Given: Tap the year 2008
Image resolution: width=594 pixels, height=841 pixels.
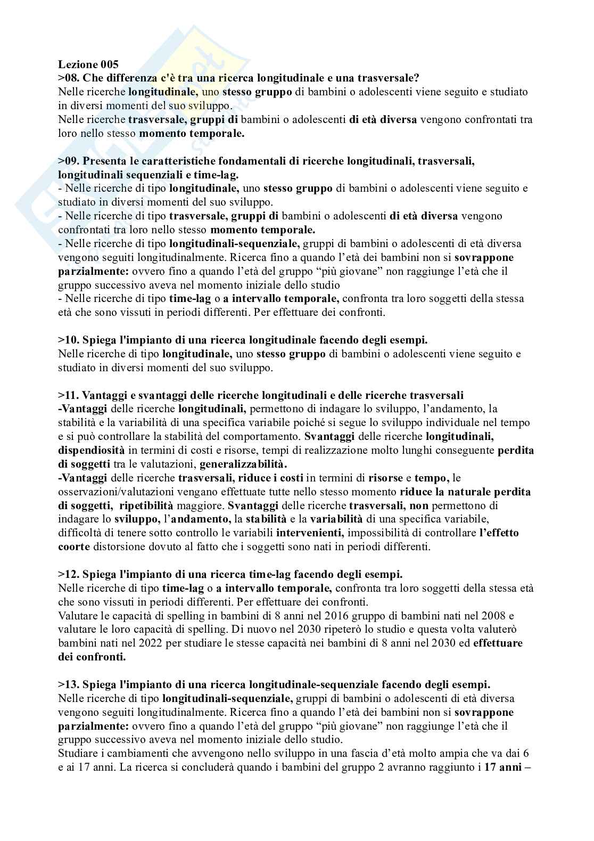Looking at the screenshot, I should [496, 616].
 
